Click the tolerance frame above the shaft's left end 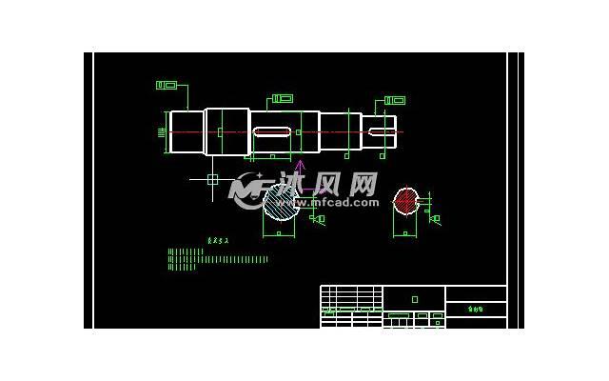click(167, 86)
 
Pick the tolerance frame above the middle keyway click(283, 98)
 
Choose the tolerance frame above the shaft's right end click(395, 100)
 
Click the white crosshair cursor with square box click(212, 179)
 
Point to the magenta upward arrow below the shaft click(299, 168)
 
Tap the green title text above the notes click(219, 241)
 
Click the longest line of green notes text click(218, 259)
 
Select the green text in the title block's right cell click(476, 309)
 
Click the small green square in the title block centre click(414, 299)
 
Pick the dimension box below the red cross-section click(405, 232)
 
